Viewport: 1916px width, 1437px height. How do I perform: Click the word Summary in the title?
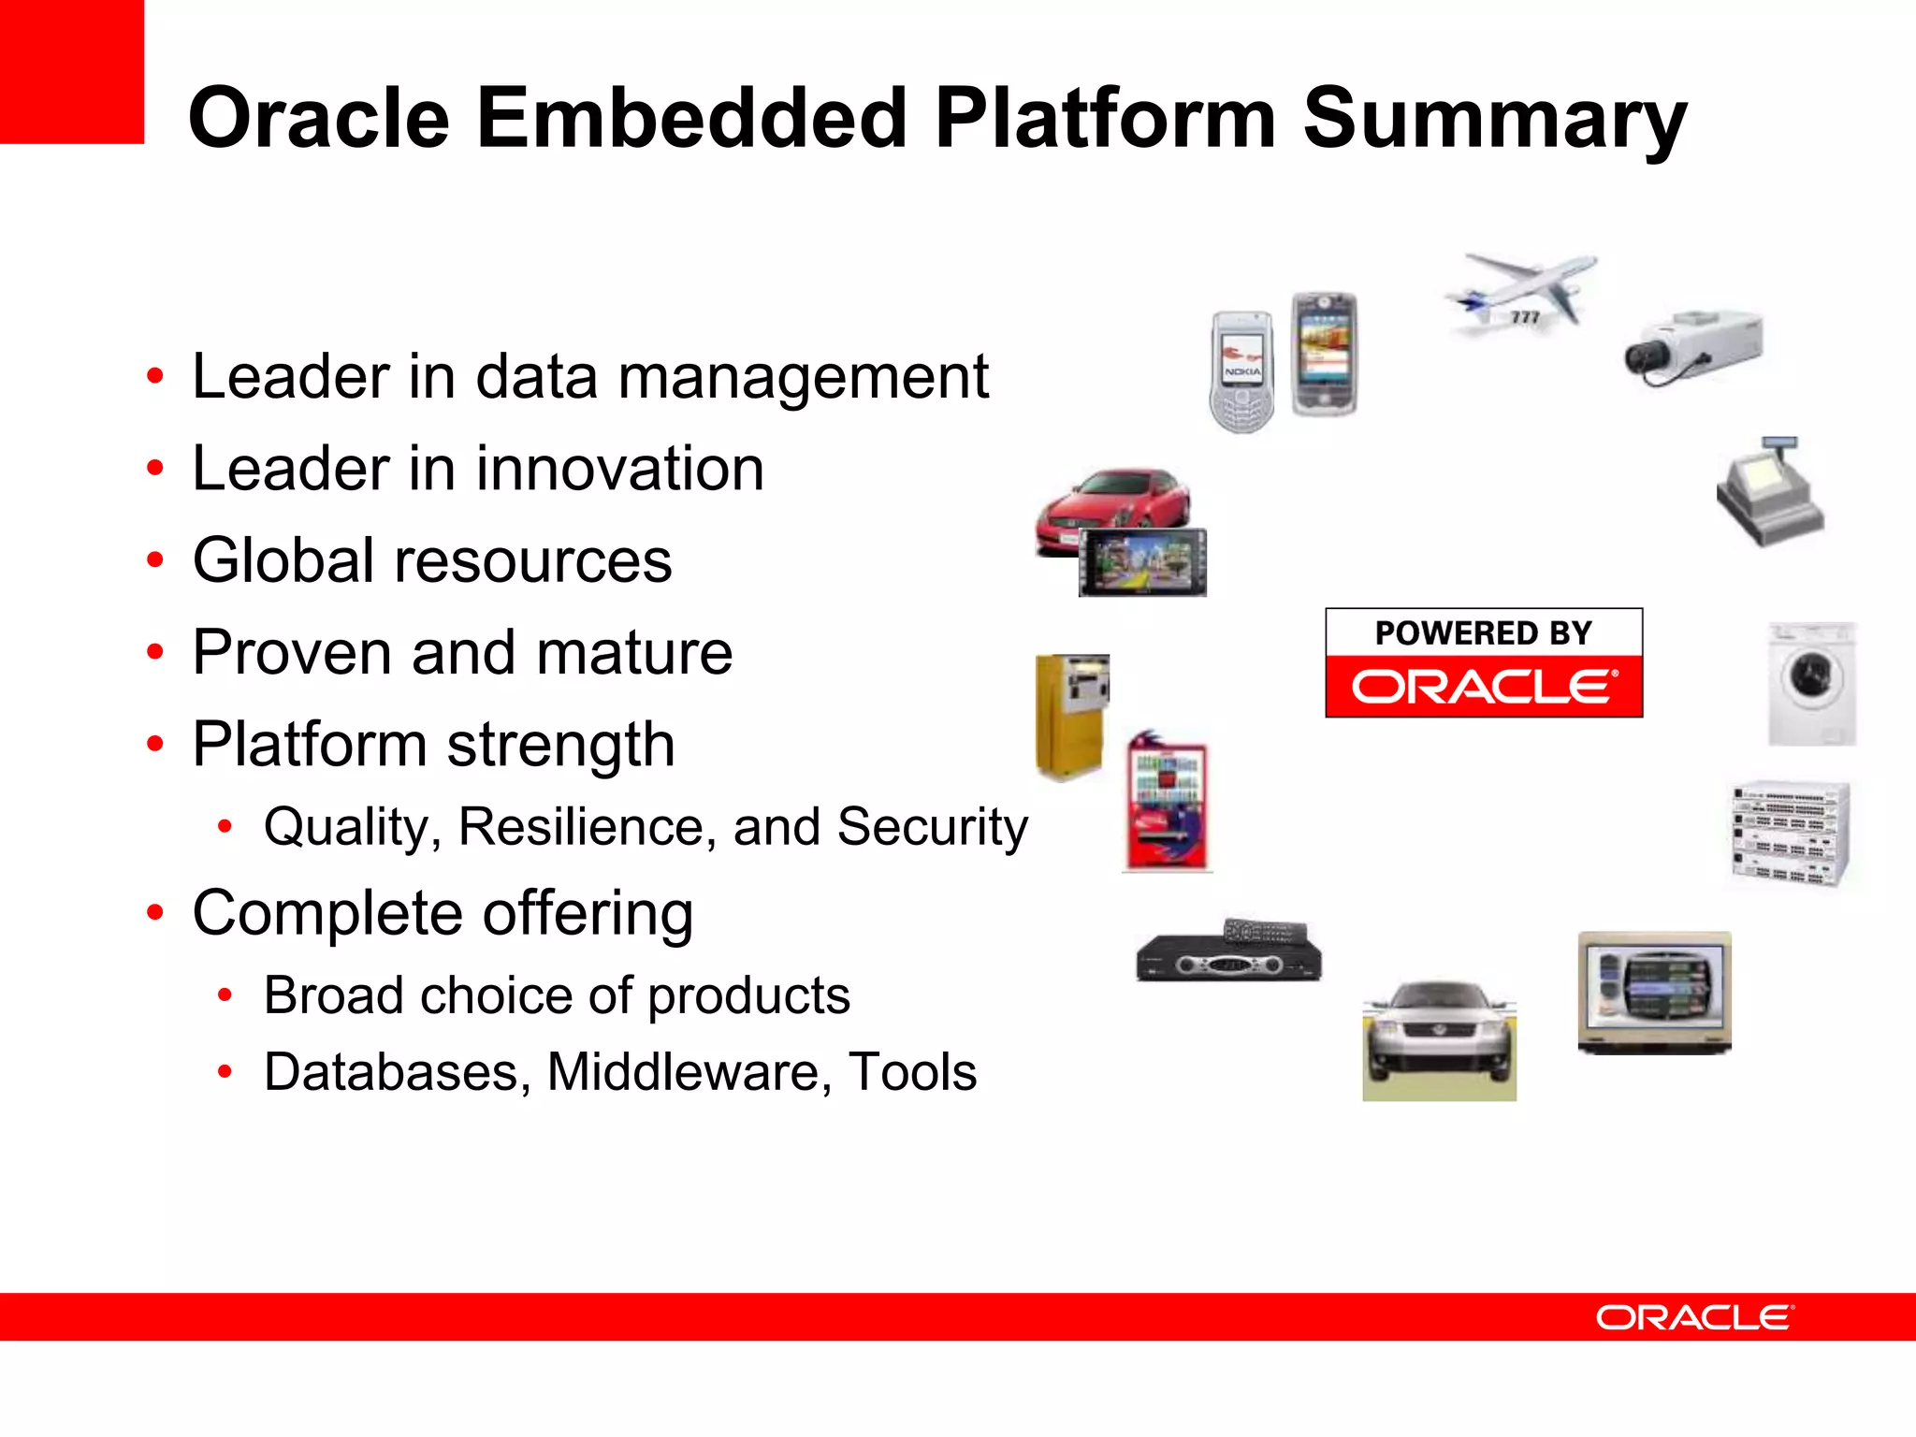pyautogui.click(x=1494, y=119)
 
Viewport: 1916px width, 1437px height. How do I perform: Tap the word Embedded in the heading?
pyautogui.click(x=691, y=119)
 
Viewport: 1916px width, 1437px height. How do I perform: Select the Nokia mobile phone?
pyautogui.click(x=1241, y=372)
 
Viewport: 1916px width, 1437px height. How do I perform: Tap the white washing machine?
pyautogui.click(x=1811, y=684)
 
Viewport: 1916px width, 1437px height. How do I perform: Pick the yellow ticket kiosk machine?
pyautogui.click(x=1071, y=716)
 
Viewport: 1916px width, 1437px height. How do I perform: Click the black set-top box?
pyautogui.click(x=1228, y=954)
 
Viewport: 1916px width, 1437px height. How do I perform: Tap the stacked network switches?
pyautogui.click(x=1790, y=833)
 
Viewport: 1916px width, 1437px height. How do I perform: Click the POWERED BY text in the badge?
pyautogui.click(x=1483, y=633)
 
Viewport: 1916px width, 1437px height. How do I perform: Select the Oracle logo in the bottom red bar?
pyautogui.click(x=1694, y=1317)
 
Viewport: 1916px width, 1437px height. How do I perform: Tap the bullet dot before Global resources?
pyautogui.click(x=155, y=560)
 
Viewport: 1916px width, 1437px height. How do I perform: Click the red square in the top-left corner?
pyautogui.click(x=71, y=71)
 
